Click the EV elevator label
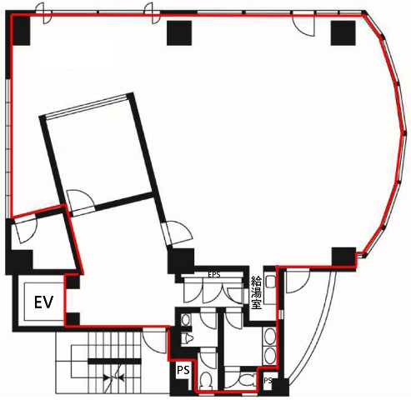click(43, 302)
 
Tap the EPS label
click(214, 275)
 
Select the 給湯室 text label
click(256, 292)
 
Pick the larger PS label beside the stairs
click(183, 370)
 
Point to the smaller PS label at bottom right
click(268, 380)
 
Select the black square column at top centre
click(179, 33)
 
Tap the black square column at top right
click(343, 33)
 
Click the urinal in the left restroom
click(188, 338)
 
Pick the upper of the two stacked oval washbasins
click(269, 337)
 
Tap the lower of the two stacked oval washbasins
click(269, 356)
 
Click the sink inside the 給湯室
click(270, 282)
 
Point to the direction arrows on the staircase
click(113, 377)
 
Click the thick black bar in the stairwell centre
click(115, 361)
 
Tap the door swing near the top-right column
click(303, 25)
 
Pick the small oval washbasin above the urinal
click(185, 320)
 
